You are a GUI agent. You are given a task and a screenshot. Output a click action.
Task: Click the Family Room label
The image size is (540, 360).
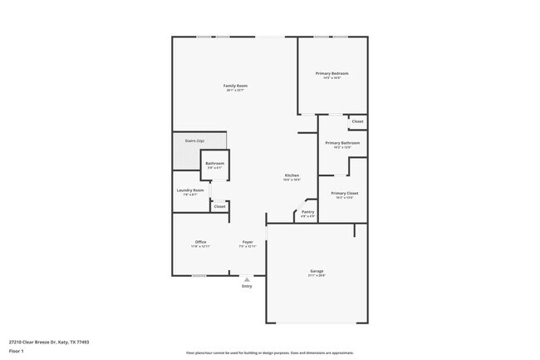click(235, 86)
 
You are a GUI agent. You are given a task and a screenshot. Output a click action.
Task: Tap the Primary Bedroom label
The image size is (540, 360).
click(331, 74)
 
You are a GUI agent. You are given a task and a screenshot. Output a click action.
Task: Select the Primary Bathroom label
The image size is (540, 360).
click(342, 142)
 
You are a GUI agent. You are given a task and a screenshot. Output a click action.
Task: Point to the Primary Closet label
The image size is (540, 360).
click(344, 193)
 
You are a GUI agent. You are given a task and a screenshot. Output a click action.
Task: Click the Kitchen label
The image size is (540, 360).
click(292, 175)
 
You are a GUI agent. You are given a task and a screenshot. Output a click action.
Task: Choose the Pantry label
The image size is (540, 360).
click(307, 212)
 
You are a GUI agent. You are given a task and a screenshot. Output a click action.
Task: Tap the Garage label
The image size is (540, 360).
click(317, 270)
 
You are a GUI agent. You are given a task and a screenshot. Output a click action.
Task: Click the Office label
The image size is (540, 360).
click(200, 242)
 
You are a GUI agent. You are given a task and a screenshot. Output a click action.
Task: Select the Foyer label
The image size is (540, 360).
click(247, 242)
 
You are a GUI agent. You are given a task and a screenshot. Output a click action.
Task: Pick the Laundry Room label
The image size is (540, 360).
click(190, 190)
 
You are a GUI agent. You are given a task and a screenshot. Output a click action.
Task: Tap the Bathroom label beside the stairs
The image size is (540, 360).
click(215, 163)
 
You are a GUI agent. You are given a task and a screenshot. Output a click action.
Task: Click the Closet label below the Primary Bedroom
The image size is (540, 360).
click(357, 121)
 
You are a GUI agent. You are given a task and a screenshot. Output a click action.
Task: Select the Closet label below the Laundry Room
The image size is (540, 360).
click(219, 206)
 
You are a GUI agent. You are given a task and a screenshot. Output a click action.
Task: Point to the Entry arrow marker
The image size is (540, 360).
click(247, 279)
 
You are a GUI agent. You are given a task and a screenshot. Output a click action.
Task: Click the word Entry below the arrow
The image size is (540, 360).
click(247, 287)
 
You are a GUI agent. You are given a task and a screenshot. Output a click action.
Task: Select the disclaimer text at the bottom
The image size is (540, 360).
click(269, 353)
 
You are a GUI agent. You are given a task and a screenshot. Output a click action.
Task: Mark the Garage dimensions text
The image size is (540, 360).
click(317, 275)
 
